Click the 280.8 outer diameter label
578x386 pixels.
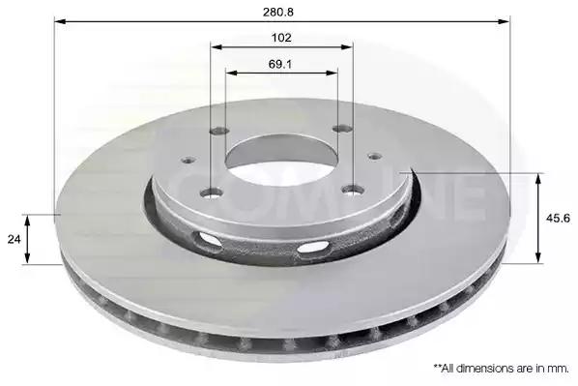pos(278,13)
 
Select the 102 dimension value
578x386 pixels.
pos(281,38)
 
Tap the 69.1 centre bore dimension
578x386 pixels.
pos(280,64)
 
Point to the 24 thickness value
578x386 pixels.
pos(14,240)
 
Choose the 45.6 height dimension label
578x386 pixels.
pos(558,219)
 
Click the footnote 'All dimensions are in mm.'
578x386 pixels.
pos(502,368)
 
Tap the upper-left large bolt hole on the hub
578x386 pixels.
pos(219,131)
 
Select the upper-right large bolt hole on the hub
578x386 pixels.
pos(342,129)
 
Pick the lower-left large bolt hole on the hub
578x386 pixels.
pos(212,193)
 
